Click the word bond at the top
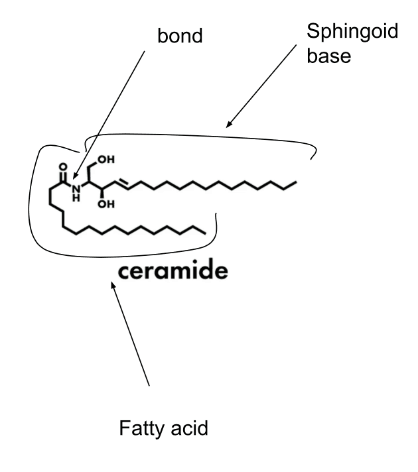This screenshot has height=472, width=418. coord(180,36)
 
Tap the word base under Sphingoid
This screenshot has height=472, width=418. coord(329,56)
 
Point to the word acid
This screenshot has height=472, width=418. coord(189,428)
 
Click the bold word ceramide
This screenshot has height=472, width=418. coord(173,270)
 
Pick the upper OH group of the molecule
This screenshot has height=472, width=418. coord(106,159)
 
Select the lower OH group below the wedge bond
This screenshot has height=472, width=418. coord(106,204)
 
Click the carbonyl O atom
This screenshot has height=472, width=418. coord(63,167)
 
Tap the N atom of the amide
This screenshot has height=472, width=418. coord(76,189)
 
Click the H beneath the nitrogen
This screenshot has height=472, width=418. coord(76,198)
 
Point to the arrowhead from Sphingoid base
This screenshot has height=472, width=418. coord(230,124)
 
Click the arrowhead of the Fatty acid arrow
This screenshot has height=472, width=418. coord(113,285)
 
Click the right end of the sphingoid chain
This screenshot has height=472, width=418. coord(296,182)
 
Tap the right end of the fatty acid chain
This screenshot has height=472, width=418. coord(205,233)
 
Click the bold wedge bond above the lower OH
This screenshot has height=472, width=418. coord(102,194)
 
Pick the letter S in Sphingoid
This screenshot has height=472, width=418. coord(313,30)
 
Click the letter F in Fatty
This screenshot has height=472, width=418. coord(125,428)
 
